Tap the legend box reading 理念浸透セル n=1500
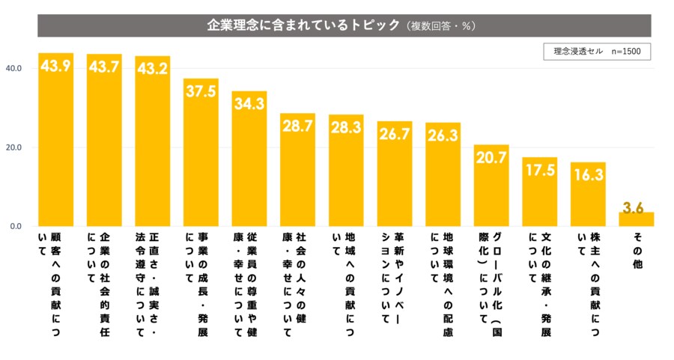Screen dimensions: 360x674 tap(597, 52)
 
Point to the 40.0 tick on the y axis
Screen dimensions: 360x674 tap(15, 68)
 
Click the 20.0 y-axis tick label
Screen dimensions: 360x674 tap(15, 147)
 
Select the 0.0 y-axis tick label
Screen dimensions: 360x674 tap(15, 226)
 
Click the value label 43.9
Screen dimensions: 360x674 tap(55, 66)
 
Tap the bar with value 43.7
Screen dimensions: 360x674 tap(104, 142)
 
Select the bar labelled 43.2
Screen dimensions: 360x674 tap(152, 142)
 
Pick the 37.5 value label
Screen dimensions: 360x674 tap(201, 91)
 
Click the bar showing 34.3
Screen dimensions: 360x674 tap(249, 161)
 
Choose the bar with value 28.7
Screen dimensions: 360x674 tap(297, 172)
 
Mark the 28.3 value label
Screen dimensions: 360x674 tap(346, 127)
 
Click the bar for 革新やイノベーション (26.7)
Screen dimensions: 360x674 tap(395, 176)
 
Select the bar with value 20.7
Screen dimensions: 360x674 tap(491, 187)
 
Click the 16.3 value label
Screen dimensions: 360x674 tap(588, 174)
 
